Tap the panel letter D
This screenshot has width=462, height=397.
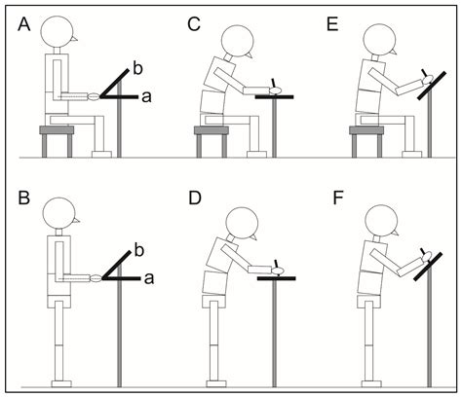pyautogui.click(x=192, y=208)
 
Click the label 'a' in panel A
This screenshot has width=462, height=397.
pyautogui.click(x=146, y=96)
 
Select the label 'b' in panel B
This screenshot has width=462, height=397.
pyautogui.click(x=138, y=251)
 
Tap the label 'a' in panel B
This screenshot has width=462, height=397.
pyautogui.click(x=146, y=278)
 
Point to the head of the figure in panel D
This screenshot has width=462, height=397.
pyautogui.click(x=230, y=217)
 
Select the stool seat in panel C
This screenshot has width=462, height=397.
pyautogui.click(x=213, y=128)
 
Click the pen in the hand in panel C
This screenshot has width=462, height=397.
pyautogui.click(x=279, y=83)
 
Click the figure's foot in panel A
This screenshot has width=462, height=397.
pyautogui.click(x=99, y=153)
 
